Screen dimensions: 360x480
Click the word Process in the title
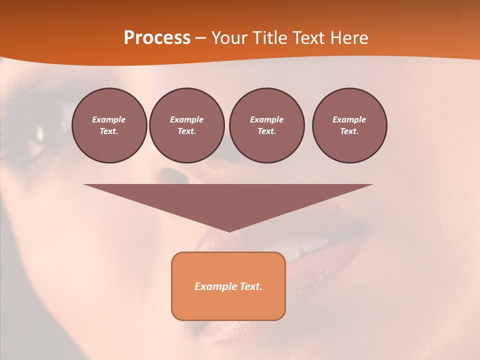pyautogui.click(x=157, y=37)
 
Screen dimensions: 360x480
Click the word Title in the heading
pyautogui.click(x=269, y=37)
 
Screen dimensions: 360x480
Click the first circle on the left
pyautogui.click(x=109, y=125)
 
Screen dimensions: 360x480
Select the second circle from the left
pyautogui.click(x=186, y=125)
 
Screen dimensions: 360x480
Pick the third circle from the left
pyautogui.click(x=266, y=125)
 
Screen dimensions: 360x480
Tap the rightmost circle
pyautogui.click(x=349, y=125)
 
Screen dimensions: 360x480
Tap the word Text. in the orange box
pyautogui.click(x=249, y=286)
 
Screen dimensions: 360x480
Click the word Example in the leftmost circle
pyautogui.click(x=109, y=119)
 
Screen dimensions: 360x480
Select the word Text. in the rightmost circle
pyautogui.click(x=349, y=131)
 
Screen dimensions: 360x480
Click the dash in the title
pyautogui.click(x=200, y=38)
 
